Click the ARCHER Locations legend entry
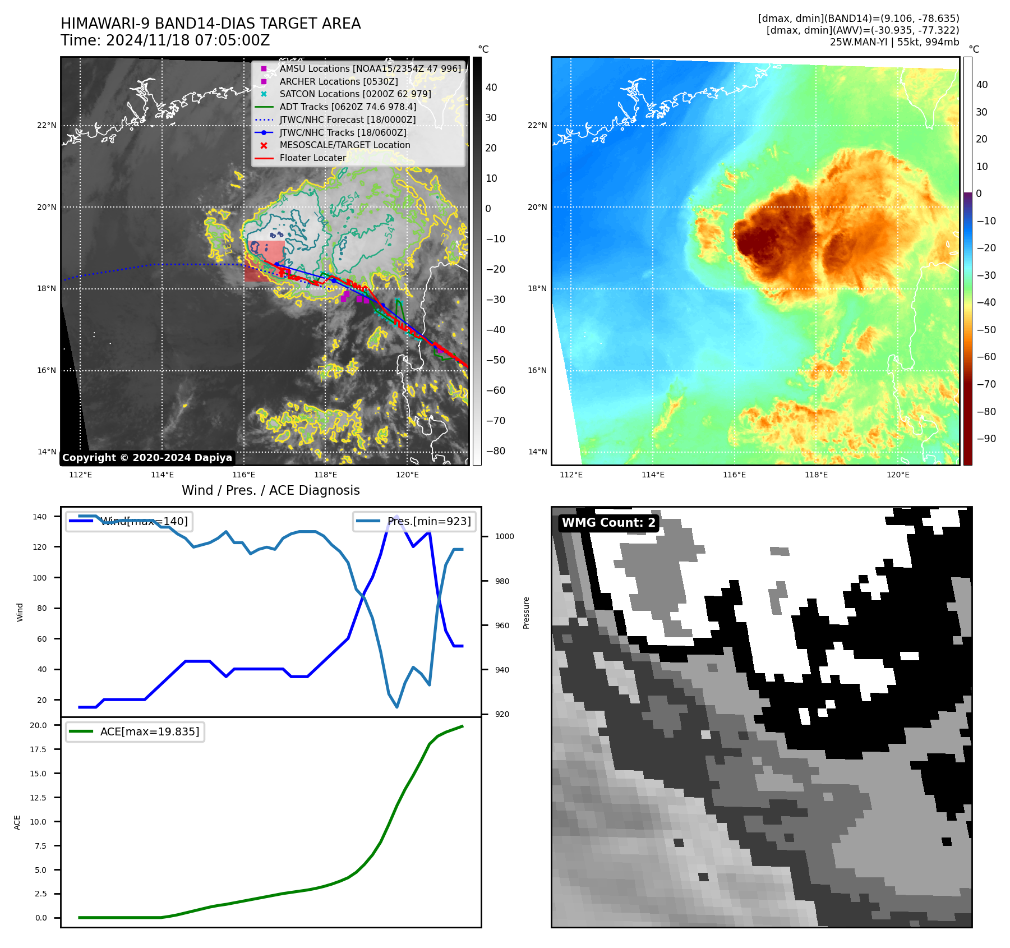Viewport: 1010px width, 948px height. tap(338, 81)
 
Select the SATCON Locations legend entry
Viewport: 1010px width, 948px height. tap(355, 94)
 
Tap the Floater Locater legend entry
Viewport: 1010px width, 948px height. tap(312, 158)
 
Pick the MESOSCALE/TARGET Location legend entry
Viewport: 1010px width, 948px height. tap(344, 145)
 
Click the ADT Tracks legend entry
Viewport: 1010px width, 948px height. tap(348, 107)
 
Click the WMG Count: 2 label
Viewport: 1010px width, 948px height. tap(608, 523)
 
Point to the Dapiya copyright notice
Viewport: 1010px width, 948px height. tap(147, 458)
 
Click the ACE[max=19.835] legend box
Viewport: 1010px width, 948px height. tap(135, 731)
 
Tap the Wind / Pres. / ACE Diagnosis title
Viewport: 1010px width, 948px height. tap(270, 490)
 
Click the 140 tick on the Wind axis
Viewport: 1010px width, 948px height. tap(40, 517)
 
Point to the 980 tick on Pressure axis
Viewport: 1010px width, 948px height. tap(502, 581)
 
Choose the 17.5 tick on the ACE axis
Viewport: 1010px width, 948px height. tap(38, 749)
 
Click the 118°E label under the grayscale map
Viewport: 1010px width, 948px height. tap(325, 475)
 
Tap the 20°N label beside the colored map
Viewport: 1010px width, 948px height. tap(537, 207)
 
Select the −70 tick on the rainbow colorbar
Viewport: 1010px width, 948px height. tap(986, 384)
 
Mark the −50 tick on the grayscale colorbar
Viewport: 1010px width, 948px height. tap(495, 360)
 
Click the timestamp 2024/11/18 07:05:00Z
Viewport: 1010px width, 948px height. tap(188, 40)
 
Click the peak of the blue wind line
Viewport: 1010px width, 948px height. tap(396, 516)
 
